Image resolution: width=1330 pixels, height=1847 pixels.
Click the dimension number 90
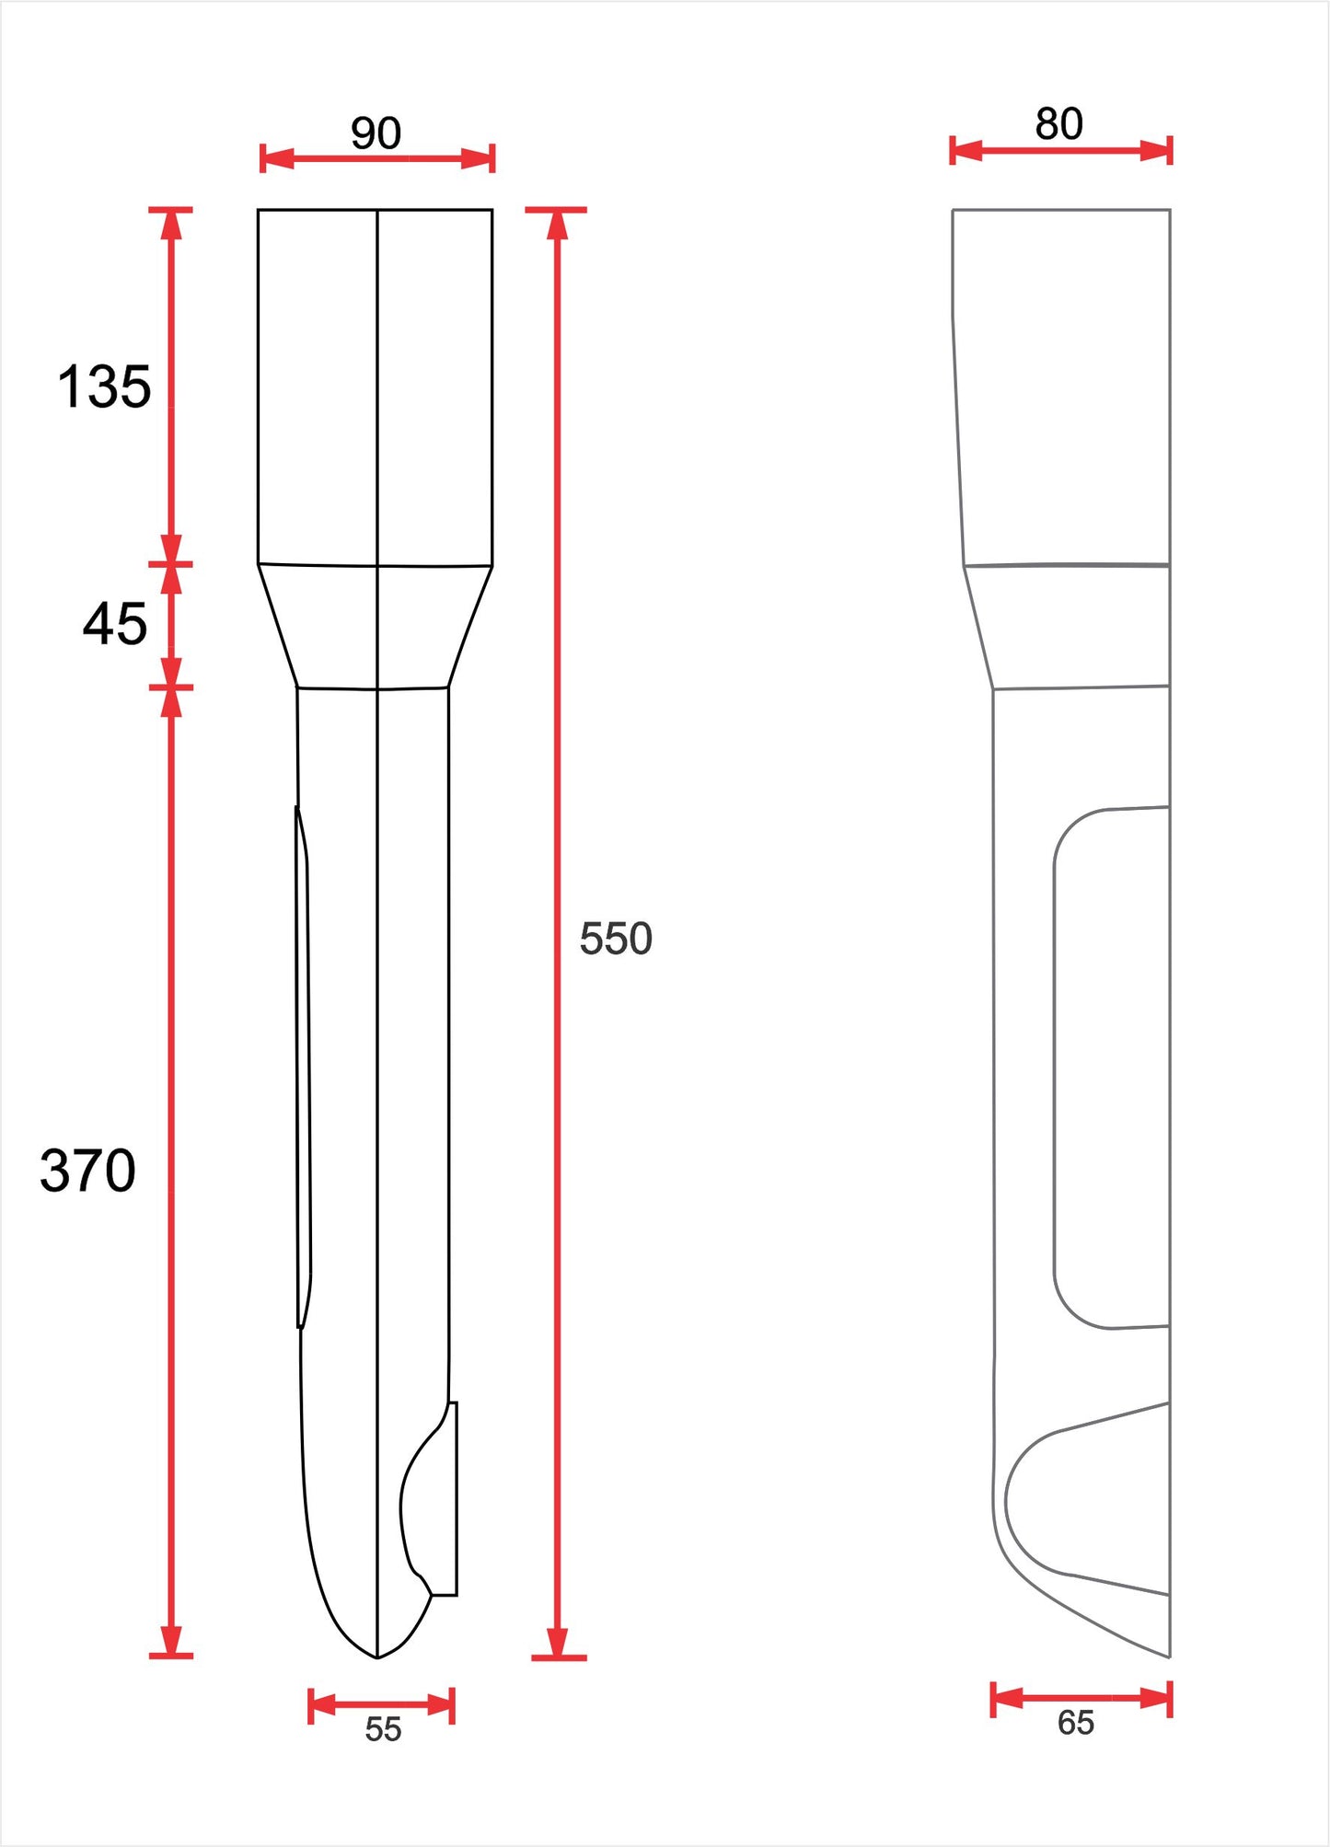(x=376, y=133)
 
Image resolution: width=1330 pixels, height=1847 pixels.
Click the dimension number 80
(x=1058, y=124)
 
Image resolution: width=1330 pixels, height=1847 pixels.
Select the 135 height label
(x=104, y=387)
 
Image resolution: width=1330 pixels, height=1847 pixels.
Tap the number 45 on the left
(x=114, y=624)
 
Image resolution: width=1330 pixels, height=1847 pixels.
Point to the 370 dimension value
(x=87, y=1171)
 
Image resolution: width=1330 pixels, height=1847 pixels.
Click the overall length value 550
(x=616, y=939)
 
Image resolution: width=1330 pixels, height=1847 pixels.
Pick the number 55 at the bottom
(x=383, y=1729)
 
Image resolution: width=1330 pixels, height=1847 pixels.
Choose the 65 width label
(x=1075, y=1722)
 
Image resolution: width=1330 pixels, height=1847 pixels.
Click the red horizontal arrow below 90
(x=377, y=158)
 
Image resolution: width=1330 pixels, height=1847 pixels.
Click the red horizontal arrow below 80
(x=1060, y=150)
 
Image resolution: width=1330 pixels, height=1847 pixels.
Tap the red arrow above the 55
(x=382, y=1704)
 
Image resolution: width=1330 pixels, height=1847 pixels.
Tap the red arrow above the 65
(x=1081, y=1698)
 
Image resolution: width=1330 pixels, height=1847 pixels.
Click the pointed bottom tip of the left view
(x=377, y=1657)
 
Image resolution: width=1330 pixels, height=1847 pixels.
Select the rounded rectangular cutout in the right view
(x=1112, y=1068)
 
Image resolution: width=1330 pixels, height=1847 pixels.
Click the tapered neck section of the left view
(x=376, y=626)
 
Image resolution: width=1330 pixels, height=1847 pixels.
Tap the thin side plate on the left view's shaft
(x=304, y=1068)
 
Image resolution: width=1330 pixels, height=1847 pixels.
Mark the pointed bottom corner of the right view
(x=1167, y=1655)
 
